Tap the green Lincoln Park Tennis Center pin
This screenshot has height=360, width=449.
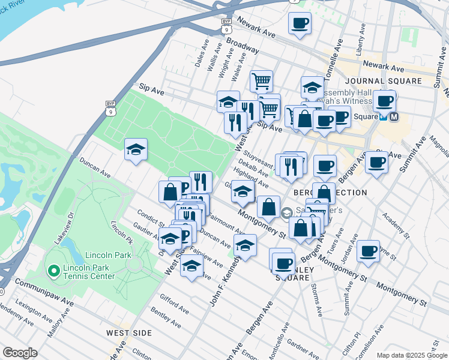[x=53, y=271]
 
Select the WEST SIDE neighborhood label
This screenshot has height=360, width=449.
[x=128, y=332]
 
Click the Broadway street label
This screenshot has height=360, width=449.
[x=243, y=47]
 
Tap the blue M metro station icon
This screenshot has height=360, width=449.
[x=394, y=117]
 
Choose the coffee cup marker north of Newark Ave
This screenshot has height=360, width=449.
[x=300, y=24]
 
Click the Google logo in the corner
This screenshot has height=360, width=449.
[x=20, y=353]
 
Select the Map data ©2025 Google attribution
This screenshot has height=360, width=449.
[x=411, y=355]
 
